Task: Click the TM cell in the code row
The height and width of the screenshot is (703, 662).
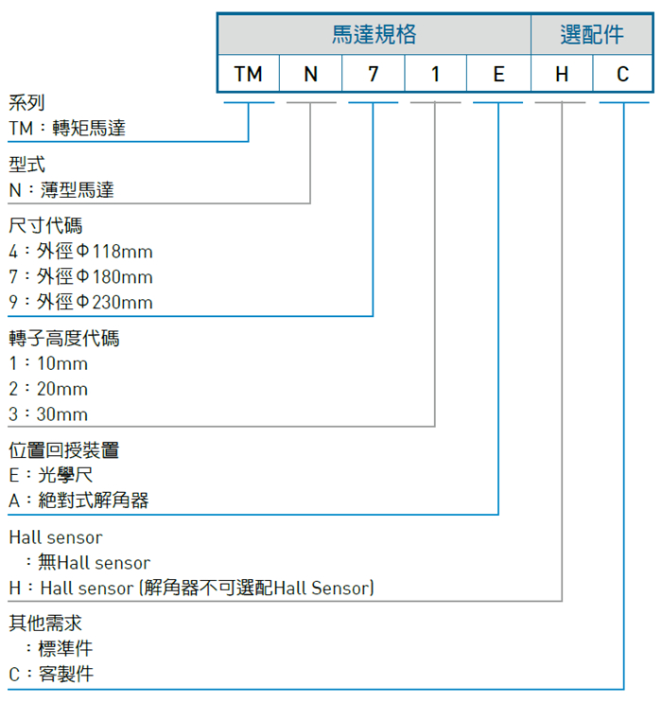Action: coord(249,74)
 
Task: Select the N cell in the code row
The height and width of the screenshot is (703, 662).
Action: coord(310,74)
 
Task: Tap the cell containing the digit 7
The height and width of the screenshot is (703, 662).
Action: coord(373,74)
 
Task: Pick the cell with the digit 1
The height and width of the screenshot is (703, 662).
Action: coord(435,74)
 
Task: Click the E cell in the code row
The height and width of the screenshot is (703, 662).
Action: coord(498,74)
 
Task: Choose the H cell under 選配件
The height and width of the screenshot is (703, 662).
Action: coord(562,74)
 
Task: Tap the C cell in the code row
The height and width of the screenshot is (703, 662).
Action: coord(622,74)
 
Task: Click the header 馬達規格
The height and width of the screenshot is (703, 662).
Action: coord(375,34)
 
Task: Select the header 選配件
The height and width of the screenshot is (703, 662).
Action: coord(592,34)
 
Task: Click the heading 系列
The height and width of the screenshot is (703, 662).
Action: coord(26,103)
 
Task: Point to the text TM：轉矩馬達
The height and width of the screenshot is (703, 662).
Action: coord(67,129)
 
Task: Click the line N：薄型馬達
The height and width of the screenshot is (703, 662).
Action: coord(61,190)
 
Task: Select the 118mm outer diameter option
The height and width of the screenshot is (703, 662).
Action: coord(80,251)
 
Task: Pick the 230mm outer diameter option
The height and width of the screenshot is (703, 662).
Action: coord(80,302)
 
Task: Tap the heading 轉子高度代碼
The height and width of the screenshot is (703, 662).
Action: coord(64,338)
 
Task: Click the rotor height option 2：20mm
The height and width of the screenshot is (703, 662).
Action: coord(48,389)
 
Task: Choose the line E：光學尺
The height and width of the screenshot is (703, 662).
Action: coord(51,475)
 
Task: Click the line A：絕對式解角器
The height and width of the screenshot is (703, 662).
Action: coord(78,501)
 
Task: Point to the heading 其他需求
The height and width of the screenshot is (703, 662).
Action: coord(45,624)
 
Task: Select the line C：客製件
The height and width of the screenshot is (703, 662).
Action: coord(51,674)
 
